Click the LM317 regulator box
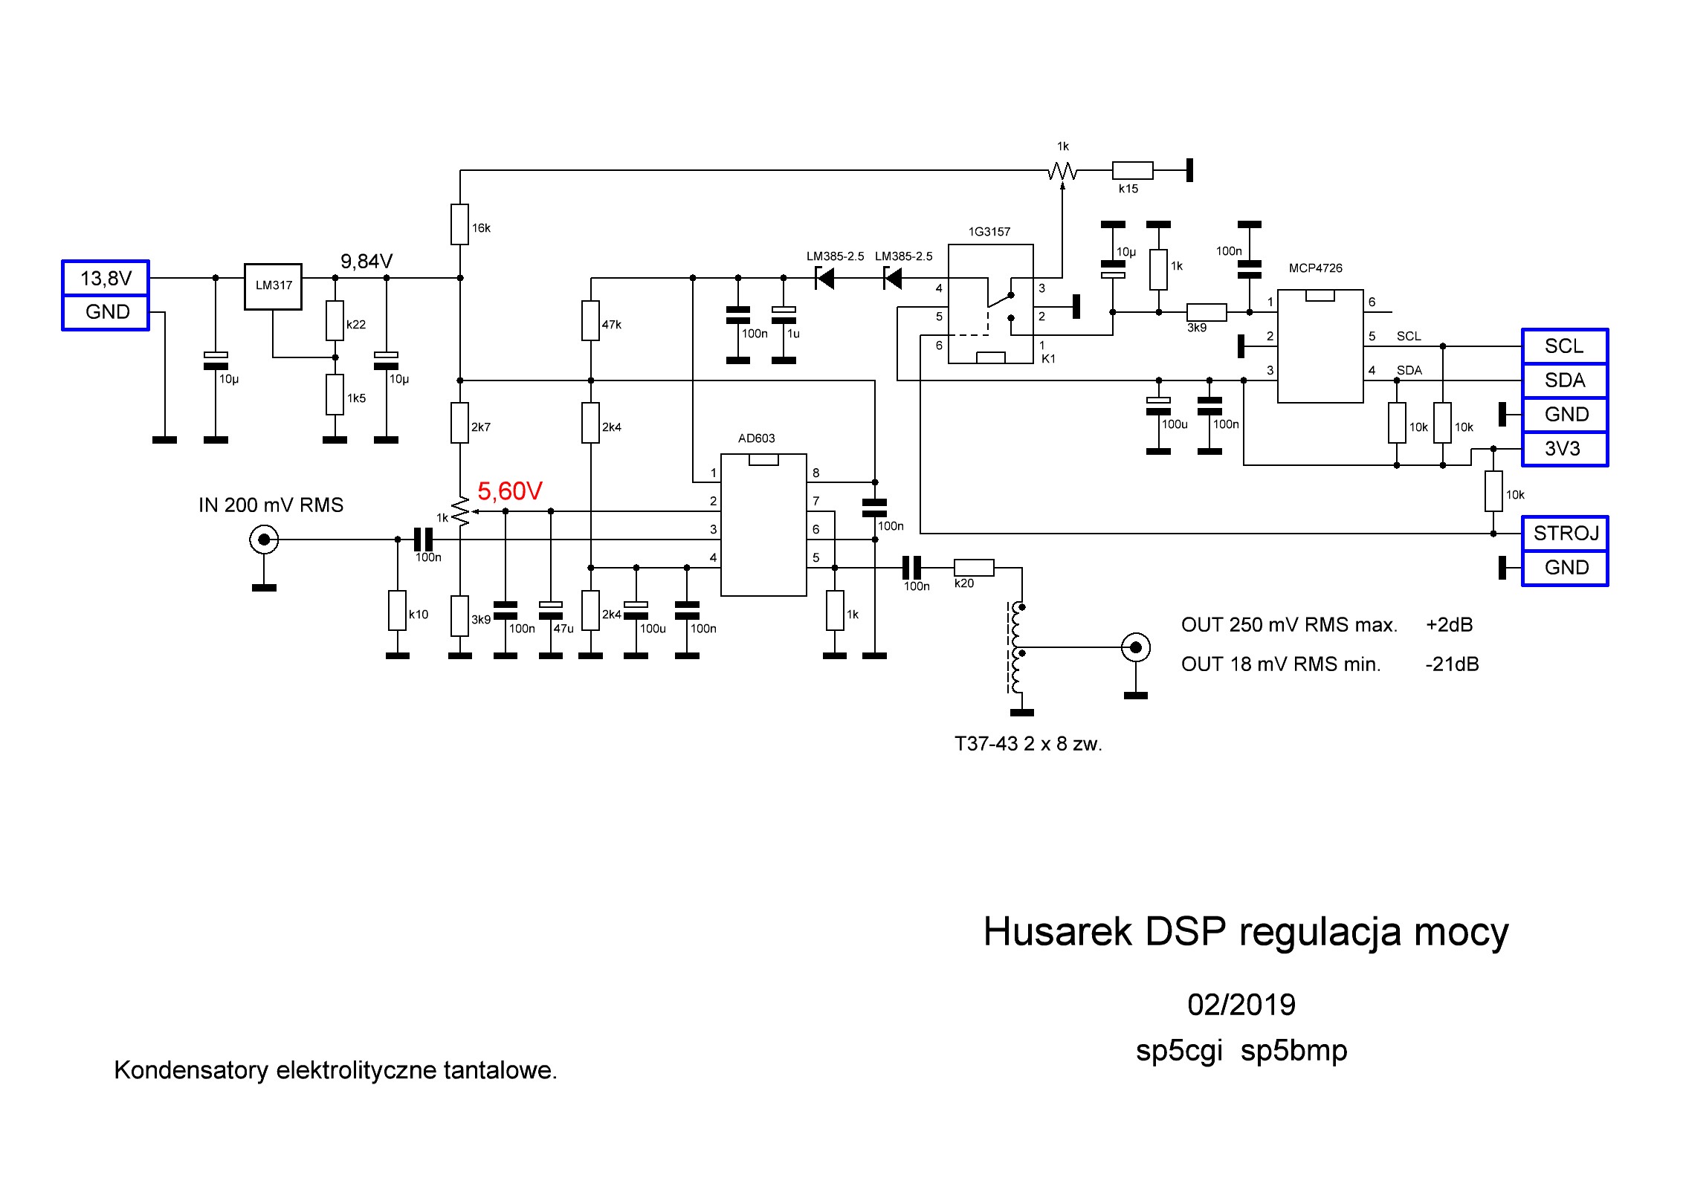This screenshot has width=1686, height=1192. point(273,286)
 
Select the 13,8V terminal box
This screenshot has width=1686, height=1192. point(106,279)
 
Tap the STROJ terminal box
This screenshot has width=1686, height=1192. point(1565,534)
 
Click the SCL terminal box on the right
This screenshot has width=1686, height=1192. point(1565,346)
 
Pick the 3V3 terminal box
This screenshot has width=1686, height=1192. point(1565,449)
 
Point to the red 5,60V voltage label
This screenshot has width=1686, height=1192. point(510,491)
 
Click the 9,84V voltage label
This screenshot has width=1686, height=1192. point(366,262)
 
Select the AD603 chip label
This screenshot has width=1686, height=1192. point(756,438)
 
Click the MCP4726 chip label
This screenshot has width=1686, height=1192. point(1315,268)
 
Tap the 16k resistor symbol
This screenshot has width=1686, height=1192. point(459,224)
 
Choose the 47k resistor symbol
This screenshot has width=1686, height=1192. point(590,320)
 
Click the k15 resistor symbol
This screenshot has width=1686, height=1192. point(1132,170)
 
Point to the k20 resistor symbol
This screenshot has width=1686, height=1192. point(974,568)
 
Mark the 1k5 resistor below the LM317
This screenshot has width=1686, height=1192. point(335,395)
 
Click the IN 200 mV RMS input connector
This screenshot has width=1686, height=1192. point(264,540)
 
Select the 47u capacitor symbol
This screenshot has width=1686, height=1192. point(550,610)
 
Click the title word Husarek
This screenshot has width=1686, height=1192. point(1058,932)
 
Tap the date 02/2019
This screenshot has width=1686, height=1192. point(1241,1005)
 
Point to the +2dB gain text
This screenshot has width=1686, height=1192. point(1449,625)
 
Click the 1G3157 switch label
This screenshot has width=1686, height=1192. point(989,232)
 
